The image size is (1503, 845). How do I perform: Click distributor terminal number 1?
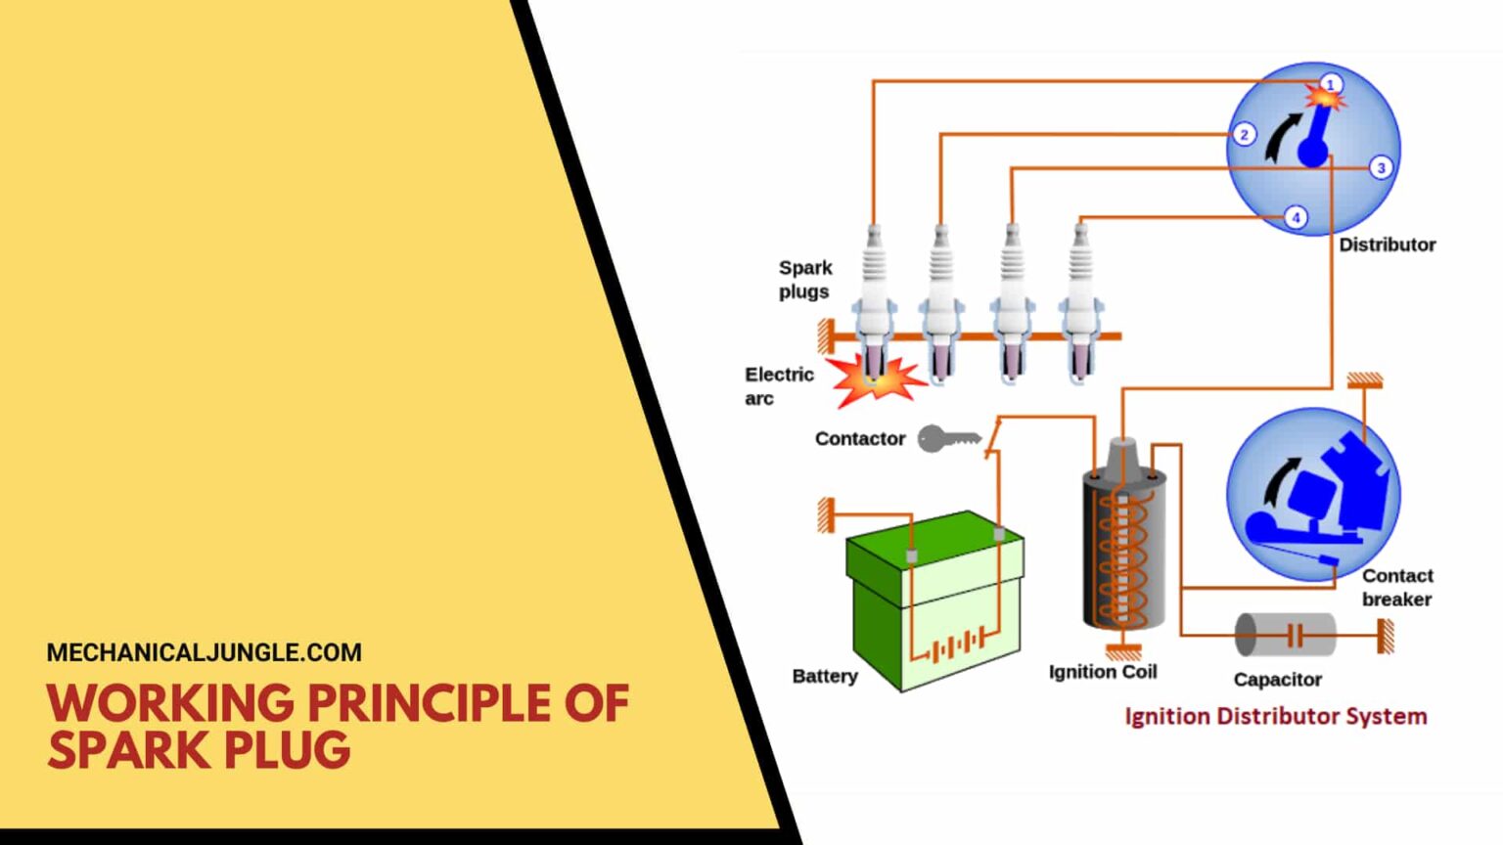tap(1330, 84)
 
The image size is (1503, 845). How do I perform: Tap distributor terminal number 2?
tap(1244, 134)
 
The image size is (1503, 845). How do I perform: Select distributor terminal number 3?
tap(1381, 167)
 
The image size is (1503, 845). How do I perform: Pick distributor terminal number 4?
tap(1296, 217)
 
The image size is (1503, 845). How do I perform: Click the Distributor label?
tap(1387, 245)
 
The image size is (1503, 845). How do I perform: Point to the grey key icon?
tap(946, 439)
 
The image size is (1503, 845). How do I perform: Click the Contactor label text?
tap(859, 439)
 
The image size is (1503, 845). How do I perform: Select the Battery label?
tap(824, 676)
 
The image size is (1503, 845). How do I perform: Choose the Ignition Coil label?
tap(1102, 672)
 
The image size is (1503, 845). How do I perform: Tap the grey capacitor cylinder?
tap(1284, 635)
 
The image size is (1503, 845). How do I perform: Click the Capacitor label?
tap(1277, 679)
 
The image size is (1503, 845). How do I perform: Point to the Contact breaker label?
tap(1396, 587)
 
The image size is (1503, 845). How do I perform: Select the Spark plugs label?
tap(804, 280)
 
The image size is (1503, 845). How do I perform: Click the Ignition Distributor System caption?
tap(1275, 717)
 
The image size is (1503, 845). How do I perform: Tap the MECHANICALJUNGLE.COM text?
tap(204, 652)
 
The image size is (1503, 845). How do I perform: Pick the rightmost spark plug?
tap(1080, 303)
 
